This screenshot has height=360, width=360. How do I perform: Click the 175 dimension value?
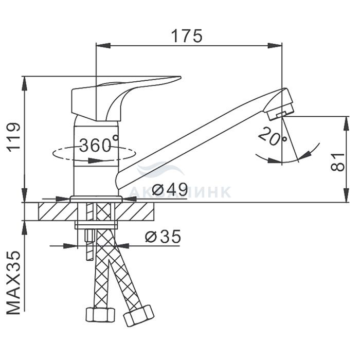coord(187,36)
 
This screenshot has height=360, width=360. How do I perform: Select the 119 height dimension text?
coord(14,137)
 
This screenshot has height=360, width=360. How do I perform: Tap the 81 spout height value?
coord(337,162)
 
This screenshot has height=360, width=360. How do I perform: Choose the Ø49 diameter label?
coord(170,190)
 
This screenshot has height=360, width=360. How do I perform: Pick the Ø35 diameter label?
coord(163,236)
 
